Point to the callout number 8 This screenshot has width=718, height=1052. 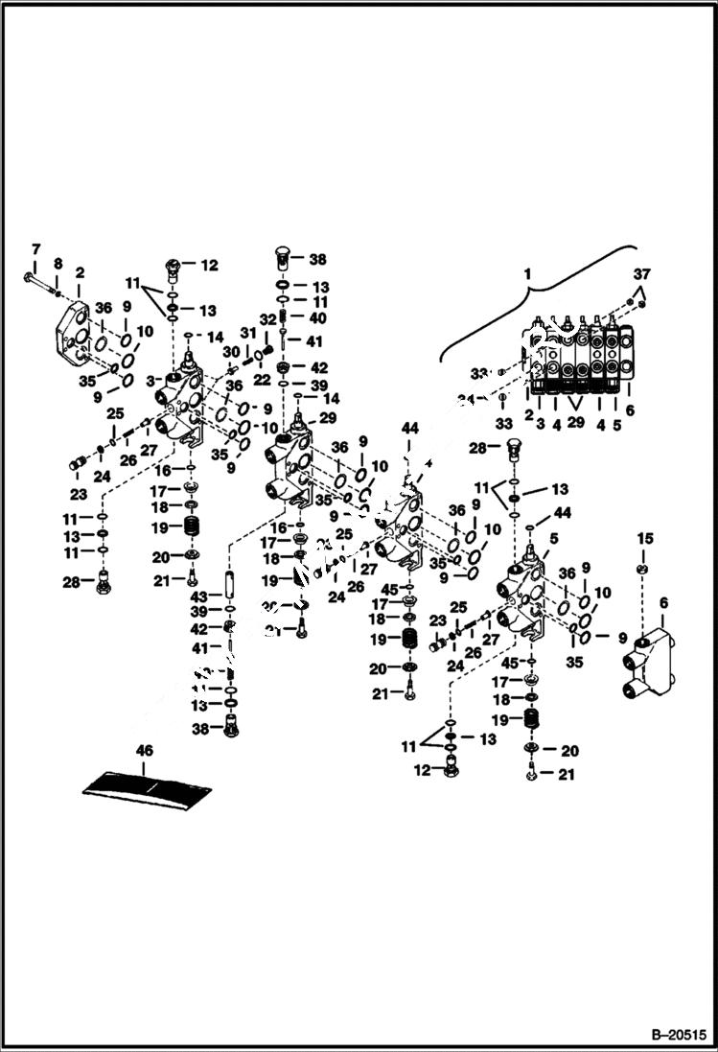[x=58, y=263]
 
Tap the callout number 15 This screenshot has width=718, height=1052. [x=645, y=537]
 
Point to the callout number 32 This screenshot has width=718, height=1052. [x=268, y=318]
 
